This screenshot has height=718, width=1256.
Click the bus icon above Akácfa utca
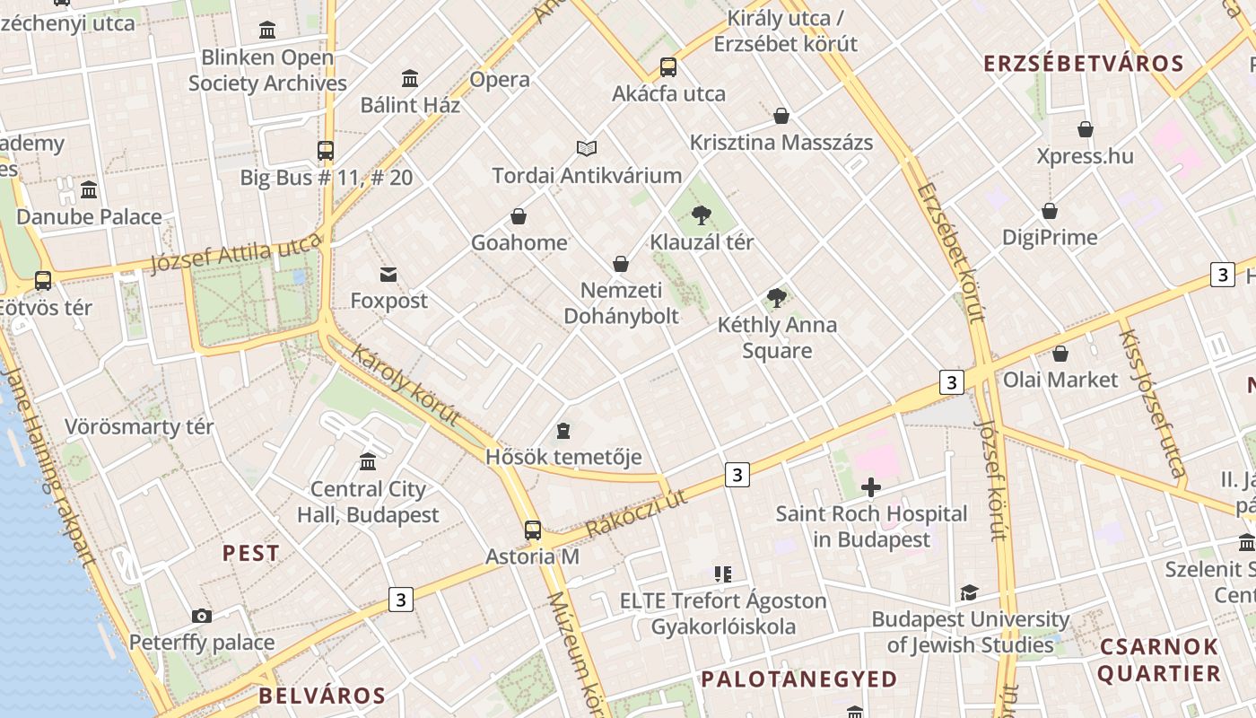[668, 67]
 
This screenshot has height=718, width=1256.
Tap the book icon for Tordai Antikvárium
[587, 148]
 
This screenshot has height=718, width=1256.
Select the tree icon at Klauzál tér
[702, 215]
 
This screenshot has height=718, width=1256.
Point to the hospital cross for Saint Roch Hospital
[870, 487]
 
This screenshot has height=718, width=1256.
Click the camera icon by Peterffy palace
[202, 616]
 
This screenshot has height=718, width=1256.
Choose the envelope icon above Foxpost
[388, 274]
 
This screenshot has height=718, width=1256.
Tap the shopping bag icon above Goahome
[519, 216]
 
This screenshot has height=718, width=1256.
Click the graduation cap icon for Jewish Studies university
[969, 592]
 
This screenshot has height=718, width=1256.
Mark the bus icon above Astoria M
[533, 530]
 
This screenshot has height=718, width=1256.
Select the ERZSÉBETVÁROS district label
[1084, 64]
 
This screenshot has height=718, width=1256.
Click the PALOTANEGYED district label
[798, 679]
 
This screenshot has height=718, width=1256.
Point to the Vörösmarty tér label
[139, 426]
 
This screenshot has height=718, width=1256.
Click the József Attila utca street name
[236, 252]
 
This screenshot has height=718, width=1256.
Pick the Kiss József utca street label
[1152, 403]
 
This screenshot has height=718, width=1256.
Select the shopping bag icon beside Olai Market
[1060, 354]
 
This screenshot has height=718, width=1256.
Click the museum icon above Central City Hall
[368, 461]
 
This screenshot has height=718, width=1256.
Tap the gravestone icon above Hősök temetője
[563, 431]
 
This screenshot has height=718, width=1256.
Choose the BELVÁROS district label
[322, 696]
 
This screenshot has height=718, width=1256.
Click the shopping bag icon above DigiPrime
[1050, 211]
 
